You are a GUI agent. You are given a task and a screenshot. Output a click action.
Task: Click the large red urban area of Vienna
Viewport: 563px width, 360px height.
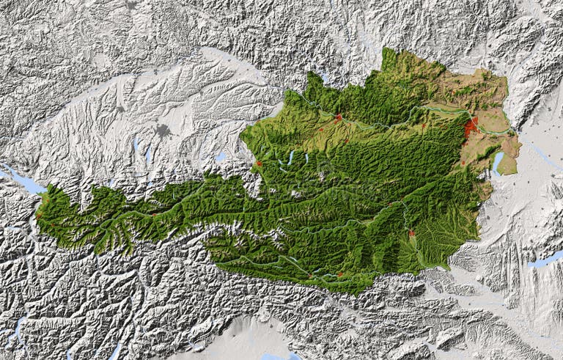[x=470, y=128]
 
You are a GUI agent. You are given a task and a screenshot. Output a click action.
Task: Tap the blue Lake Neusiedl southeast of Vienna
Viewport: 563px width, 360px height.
[x=499, y=162]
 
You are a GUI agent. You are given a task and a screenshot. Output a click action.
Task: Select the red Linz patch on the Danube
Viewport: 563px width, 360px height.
[x=338, y=117]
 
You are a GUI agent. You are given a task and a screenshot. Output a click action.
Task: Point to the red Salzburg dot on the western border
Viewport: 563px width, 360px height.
[x=259, y=164]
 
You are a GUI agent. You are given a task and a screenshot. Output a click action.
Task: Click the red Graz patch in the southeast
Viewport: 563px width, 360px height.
[x=411, y=234]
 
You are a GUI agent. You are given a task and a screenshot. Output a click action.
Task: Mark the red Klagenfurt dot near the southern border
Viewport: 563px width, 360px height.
[x=339, y=274]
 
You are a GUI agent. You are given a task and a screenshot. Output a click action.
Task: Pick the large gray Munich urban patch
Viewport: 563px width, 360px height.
[x=162, y=131]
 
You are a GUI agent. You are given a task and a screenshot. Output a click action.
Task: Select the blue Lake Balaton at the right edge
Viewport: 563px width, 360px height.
[x=546, y=259]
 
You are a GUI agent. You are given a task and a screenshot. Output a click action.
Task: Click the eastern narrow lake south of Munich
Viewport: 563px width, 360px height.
[x=148, y=155]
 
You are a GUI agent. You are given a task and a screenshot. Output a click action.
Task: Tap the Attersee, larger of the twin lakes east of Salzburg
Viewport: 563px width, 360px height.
[x=291, y=158]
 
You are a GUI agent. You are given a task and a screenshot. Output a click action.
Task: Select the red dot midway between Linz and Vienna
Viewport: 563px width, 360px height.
[x=423, y=126]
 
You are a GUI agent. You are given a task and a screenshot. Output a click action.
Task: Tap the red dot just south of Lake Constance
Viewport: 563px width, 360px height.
[x=38, y=216]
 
